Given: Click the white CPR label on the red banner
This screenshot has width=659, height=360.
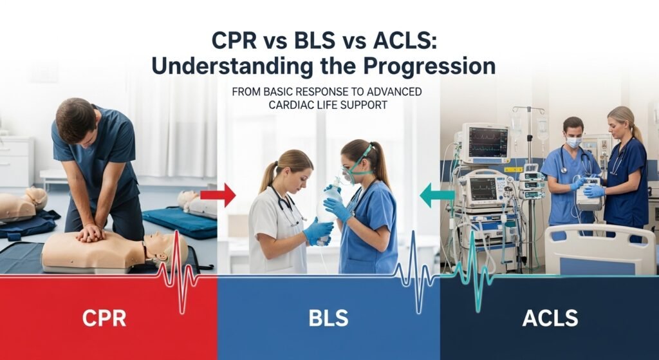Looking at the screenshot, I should pyautogui.click(x=104, y=317).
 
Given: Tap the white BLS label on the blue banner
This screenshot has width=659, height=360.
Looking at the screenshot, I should pyautogui.click(x=328, y=317).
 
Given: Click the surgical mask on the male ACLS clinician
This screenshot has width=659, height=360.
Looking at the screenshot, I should pyautogui.click(x=573, y=142).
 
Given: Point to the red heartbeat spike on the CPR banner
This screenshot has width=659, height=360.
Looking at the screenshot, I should pyautogui.click(x=177, y=270).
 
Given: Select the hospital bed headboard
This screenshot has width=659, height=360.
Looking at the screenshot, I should pyautogui.click(x=599, y=249).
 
